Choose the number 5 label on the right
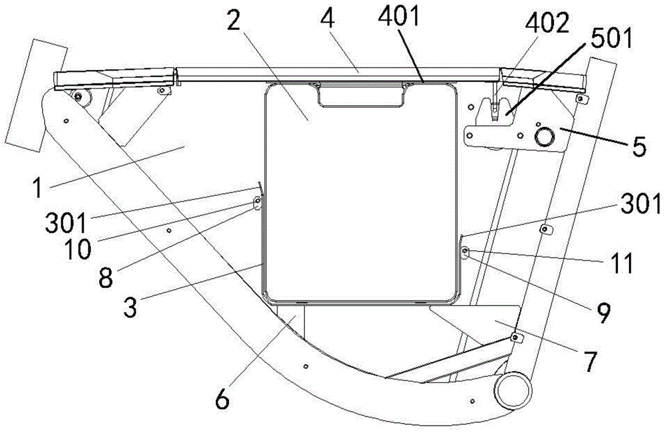tap(638, 146)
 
